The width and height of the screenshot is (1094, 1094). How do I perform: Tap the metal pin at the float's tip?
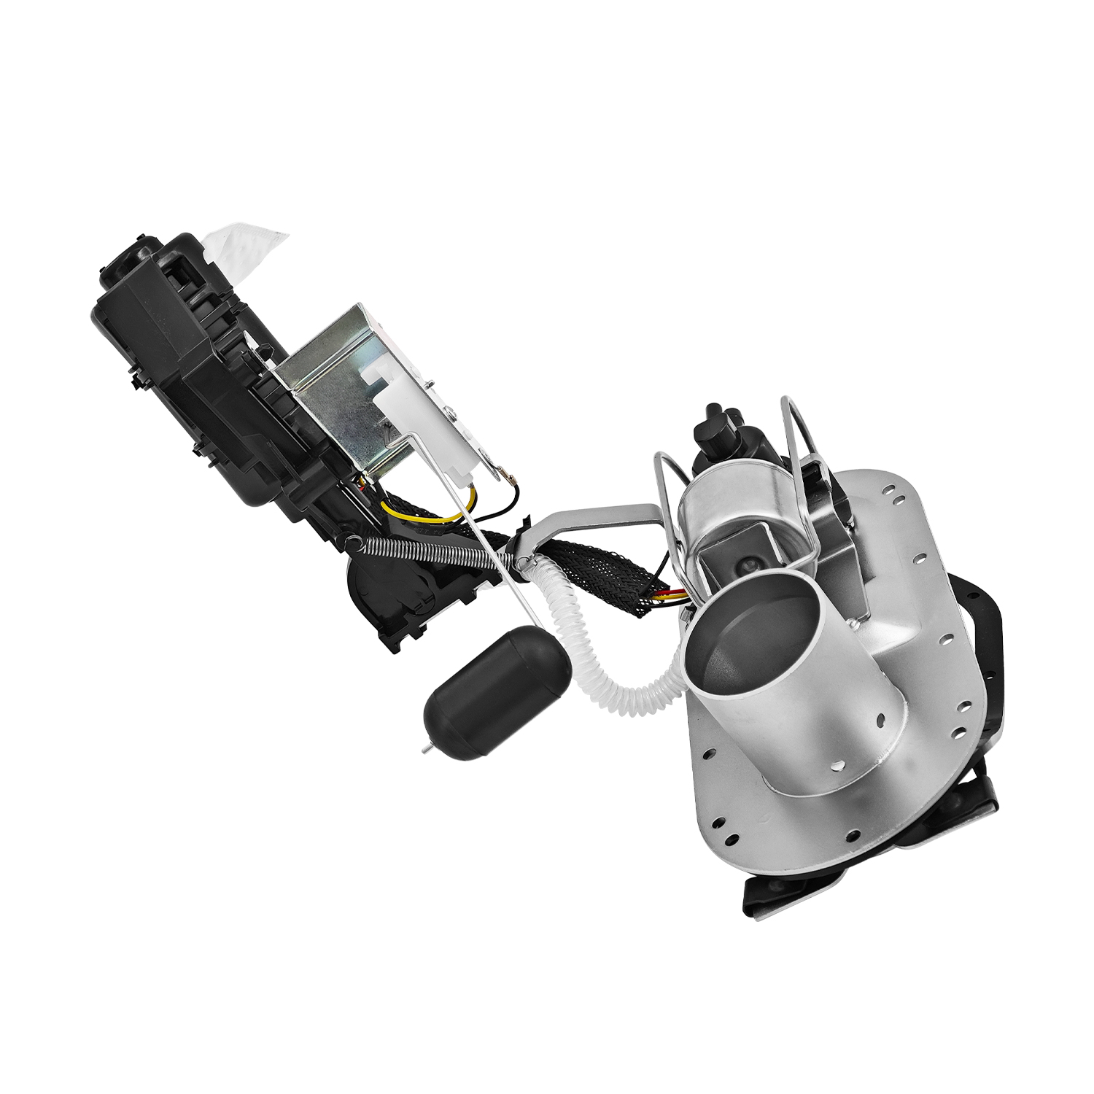427,749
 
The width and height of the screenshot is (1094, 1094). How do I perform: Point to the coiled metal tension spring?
430,551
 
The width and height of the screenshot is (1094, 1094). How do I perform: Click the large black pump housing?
182,365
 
